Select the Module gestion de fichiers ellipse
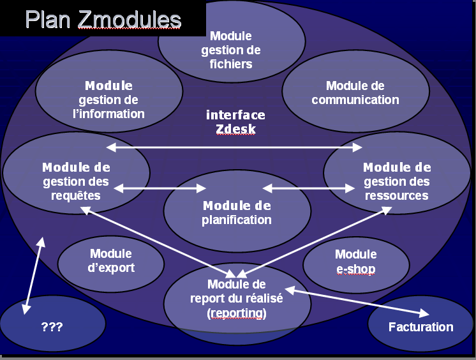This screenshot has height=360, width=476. coord(230,50)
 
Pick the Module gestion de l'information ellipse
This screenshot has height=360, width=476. coord(108,100)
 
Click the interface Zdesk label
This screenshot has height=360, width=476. coord(235,122)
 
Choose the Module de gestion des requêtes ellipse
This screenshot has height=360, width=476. coord(76,181)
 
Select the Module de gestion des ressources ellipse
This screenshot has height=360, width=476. coord(396,181)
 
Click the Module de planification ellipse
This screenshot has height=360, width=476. coord(237,213)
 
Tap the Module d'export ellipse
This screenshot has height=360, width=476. coord(111,261)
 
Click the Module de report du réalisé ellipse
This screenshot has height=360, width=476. coord(237,299)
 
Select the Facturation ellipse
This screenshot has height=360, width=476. coord(420,327)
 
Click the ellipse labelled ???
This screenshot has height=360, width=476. coord(52,327)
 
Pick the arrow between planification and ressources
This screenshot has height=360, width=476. coord(309,188)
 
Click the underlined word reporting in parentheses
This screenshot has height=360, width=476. coord(237,313)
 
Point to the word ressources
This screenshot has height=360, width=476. coord(396,195)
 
